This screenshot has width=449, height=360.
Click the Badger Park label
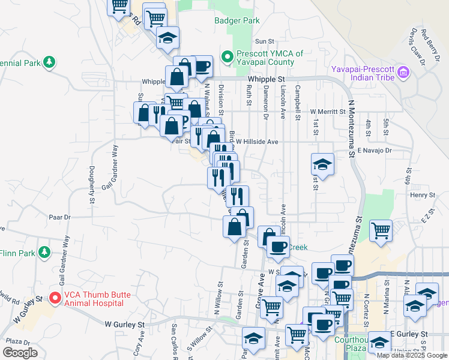[237, 20]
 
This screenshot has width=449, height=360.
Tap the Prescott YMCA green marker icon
[228, 58]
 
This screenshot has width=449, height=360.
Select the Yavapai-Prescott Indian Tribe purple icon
[403, 73]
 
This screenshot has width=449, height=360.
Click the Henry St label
[422, 195]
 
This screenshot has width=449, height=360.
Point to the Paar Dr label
[60, 217]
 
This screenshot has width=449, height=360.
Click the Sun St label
[264, 41]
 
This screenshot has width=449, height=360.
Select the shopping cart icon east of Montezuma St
[381, 230]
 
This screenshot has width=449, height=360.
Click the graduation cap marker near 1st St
[322, 164]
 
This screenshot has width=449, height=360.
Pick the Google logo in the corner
[20, 352]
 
